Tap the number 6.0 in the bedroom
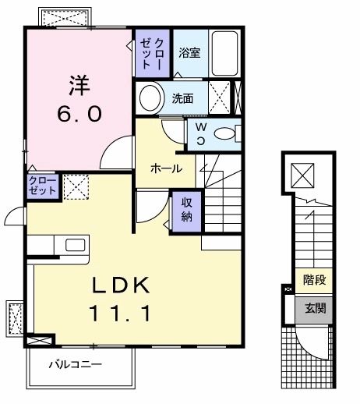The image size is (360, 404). [x=78, y=114]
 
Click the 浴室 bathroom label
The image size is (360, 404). [x=189, y=54]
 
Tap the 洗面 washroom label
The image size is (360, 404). [x=183, y=99]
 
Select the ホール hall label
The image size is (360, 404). [x=166, y=168]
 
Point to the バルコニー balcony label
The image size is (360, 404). [x=76, y=363]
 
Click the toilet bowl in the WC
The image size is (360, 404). [x=226, y=133]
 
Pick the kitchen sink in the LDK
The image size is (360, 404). [x=76, y=245]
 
